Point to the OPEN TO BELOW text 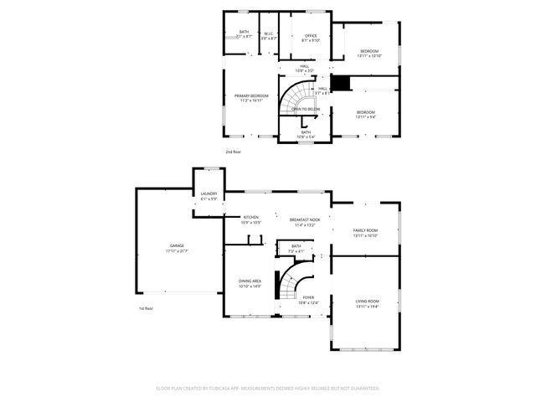click(305, 109)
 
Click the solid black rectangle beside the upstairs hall click(340, 82)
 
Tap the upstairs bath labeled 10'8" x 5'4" click(306, 133)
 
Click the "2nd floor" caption click(232, 152)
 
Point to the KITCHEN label click(250, 220)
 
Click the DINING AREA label click(250, 284)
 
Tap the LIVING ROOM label click(367, 303)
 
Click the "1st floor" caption click(147, 308)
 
